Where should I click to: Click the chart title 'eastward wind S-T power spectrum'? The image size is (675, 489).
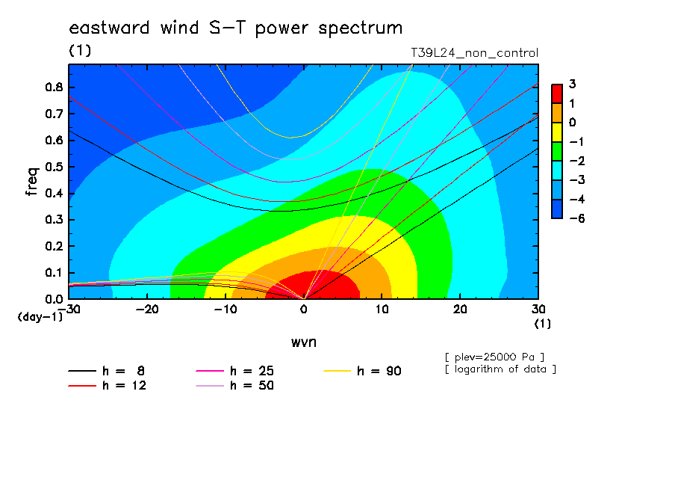(x=235, y=28)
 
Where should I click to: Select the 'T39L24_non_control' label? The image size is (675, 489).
(x=474, y=53)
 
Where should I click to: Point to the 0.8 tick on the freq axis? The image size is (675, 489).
(x=54, y=87)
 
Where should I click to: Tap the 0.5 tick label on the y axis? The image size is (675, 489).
(x=54, y=167)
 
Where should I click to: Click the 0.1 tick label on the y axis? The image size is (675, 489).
(x=54, y=273)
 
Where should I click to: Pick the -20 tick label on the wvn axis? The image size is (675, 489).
(x=147, y=310)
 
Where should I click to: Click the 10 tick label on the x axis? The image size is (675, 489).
(x=382, y=310)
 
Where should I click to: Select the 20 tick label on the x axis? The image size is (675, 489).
(x=460, y=310)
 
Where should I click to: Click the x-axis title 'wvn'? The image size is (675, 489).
(x=304, y=342)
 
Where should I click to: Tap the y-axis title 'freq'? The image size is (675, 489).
(x=32, y=182)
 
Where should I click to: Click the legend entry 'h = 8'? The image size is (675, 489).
(x=106, y=371)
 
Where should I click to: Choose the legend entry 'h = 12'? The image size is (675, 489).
(x=108, y=386)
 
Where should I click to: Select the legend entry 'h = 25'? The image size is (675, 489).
(x=234, y=371)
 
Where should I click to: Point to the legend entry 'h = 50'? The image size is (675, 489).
(x=234, y=386)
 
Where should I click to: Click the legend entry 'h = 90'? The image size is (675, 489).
(x=362, y=371)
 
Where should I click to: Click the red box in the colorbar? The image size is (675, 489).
(x=557, y=94)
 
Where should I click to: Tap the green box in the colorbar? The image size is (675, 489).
(x=557, y=151)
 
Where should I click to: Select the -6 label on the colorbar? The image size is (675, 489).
(x=577, y=218)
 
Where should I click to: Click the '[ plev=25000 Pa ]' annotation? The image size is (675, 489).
(x=494, y=357)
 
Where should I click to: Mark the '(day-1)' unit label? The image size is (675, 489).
(x=40, y=317)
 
